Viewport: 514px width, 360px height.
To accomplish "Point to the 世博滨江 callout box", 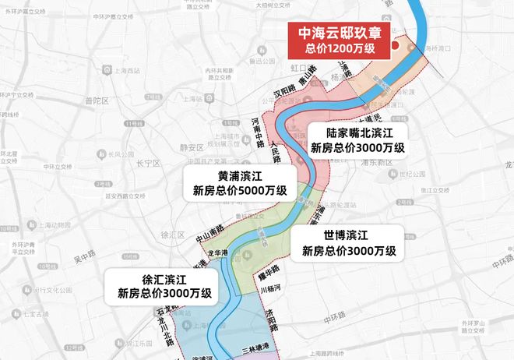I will [x=349, y=243].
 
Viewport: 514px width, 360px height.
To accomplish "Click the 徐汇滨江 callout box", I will [x=164, y=286].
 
